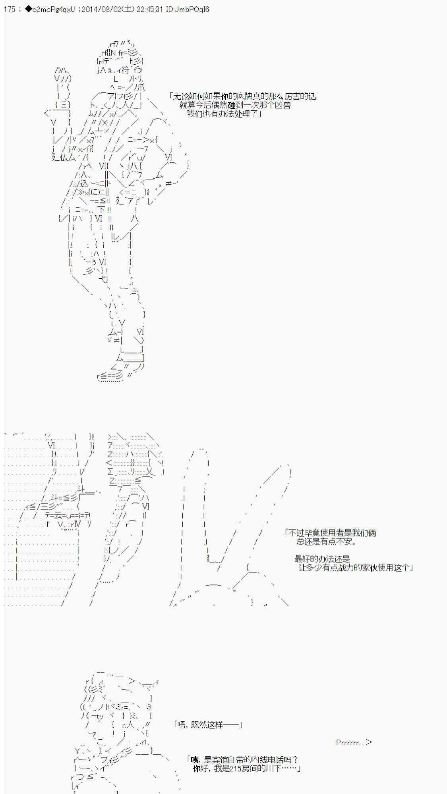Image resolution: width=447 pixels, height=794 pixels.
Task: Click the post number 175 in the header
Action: (x=10, y=9)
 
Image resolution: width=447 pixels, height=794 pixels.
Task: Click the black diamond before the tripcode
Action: (x=28, y=9)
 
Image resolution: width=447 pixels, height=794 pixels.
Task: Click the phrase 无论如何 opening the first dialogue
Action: (x=187, y=96)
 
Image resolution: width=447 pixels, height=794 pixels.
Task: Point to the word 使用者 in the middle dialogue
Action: (x=336, y=533)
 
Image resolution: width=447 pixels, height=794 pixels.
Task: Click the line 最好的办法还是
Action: (x=322, y=559)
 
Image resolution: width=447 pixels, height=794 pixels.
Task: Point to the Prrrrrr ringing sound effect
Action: (x=354, y=742)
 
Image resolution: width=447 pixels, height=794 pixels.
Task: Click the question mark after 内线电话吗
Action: (x=295, y=760)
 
